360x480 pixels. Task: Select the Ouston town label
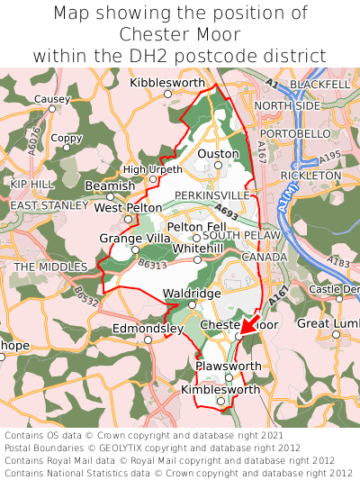click(x=218, y=154)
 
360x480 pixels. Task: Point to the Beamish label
click(x=109, y=186)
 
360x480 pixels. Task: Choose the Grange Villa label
click(x=134, y=238)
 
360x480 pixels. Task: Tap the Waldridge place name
click(x=191, y=294)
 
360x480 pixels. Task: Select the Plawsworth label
click(x=228, y=367)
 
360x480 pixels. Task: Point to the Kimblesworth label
click(x=220, y=390)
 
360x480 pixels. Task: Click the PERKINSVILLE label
click(x=211, y=195)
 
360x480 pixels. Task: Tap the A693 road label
click(x=228, y=215)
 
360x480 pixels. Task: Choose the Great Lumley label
click(x=328, y=323)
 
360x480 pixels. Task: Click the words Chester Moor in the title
click(x=180, y=35)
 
